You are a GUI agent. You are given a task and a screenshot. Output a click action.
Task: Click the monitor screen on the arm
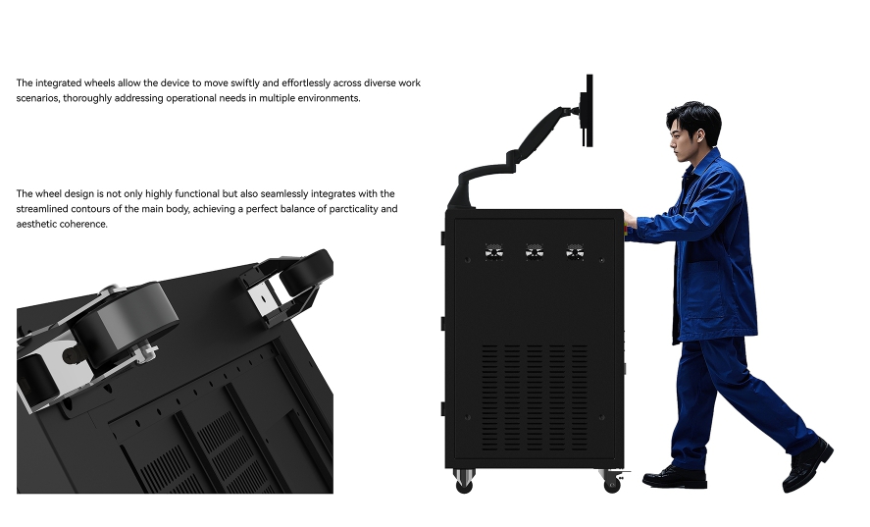click(589, 111)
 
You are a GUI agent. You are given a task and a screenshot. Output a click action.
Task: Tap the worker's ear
click(699, 135)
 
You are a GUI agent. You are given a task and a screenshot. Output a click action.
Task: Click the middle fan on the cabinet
click(535, 252)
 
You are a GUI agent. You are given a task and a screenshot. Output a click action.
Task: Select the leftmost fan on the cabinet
click(493, 252)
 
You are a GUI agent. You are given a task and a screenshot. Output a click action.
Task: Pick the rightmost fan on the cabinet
click(575, 252)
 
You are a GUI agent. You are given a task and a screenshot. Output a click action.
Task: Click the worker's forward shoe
click(674, 479)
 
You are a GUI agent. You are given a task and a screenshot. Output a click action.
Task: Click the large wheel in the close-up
click(125, 324)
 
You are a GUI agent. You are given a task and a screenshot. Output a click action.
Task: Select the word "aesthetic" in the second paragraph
click(36, 225)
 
